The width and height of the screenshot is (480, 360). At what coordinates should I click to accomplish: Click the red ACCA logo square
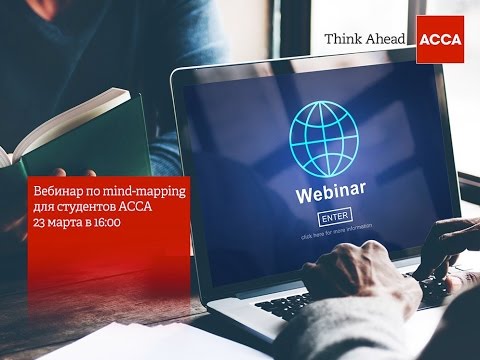[x=439, y=40]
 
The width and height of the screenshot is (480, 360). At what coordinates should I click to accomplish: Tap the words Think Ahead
[x=366, y=40]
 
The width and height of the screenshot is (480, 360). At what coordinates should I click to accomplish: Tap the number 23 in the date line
[x=38, y=222]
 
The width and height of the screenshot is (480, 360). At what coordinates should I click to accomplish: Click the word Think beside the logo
[x=342, y=40]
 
